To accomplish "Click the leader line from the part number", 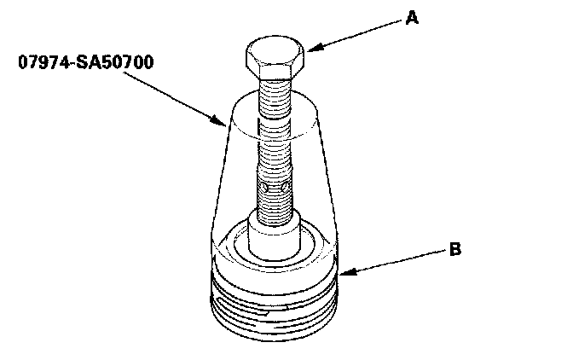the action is (x=174, y=96).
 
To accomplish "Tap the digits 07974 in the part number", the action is (x=39, y=63).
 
